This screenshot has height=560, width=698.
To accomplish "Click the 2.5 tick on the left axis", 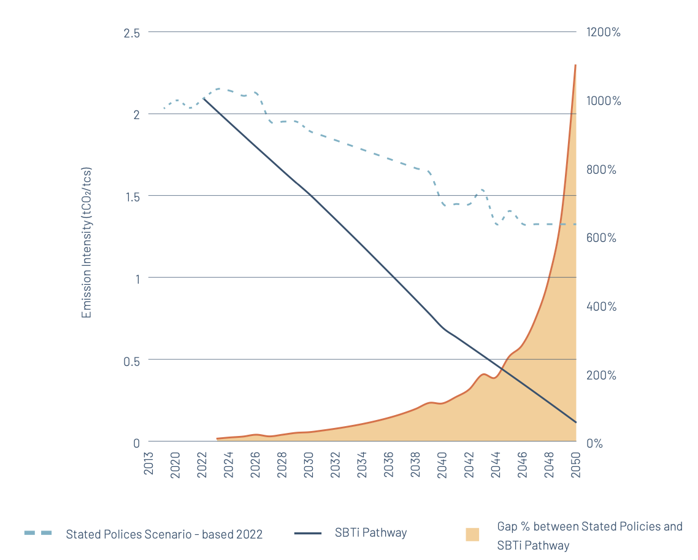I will click(x=131, y=33).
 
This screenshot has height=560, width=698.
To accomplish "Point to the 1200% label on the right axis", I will click(x=604, y=32).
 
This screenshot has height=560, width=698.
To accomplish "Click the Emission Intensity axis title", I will click(x=87, y=243).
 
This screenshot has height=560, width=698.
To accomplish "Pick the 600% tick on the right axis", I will click(x=601, y=238).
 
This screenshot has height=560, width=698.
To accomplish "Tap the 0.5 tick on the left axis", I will click(x=131, y=360).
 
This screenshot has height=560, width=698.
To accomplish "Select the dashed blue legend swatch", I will click(x=38, y=532).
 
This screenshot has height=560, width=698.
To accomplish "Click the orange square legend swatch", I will click(x=472, y=534).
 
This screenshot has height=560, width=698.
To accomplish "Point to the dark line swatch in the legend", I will click(x=308, y=533).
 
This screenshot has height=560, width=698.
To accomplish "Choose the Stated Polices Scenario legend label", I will click(x=164, y=534).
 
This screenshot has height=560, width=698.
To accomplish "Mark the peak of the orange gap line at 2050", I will click(x=575, y=65).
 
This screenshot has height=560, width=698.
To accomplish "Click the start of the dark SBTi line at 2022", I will click(x=203, y=98).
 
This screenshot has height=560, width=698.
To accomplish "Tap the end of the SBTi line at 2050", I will click(x=576, y=422).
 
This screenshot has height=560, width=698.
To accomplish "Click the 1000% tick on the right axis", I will click(x=604, y=101).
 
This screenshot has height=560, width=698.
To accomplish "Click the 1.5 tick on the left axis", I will click(x=131, y=196).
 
